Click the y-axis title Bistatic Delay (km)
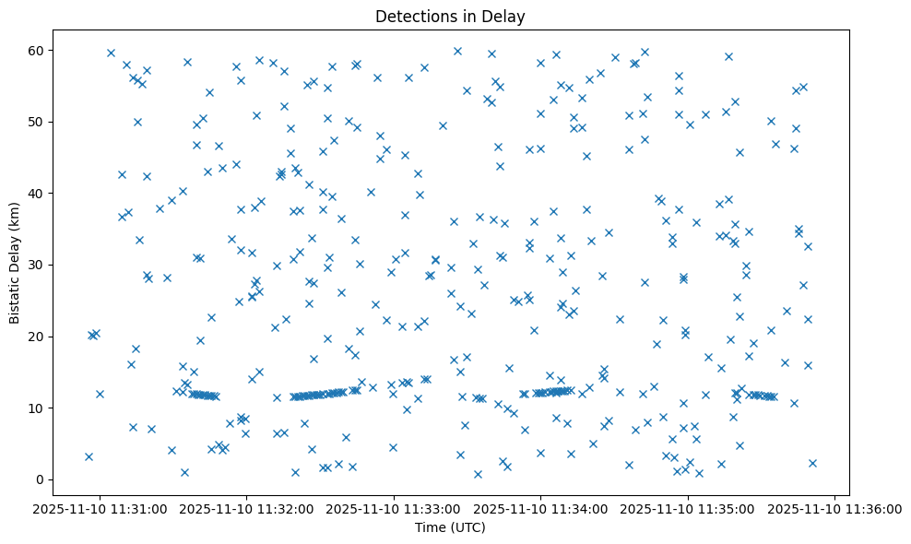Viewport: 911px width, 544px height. pyautogui.click(x=15, y=264)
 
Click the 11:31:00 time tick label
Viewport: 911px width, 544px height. pyautogui.click(x=101, y=509)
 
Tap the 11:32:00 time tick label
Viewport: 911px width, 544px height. pyautogui.click(x=247, y=509)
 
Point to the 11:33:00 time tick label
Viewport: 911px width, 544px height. pyautogui.click(x=395, y=509)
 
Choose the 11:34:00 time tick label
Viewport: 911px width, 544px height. pyautogui.click(x=541, y=509)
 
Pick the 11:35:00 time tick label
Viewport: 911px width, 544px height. pyautogui.click(x=689, y=509)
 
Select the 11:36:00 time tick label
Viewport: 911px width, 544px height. pyautogui.click(x=835, y=509)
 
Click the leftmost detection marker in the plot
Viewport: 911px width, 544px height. pyautogui.click(x=89, y=456)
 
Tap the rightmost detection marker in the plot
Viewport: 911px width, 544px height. pyautogui.click(x=812, y=463)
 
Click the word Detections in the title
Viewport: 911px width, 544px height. pyautogui.click(x=411, y=16)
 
